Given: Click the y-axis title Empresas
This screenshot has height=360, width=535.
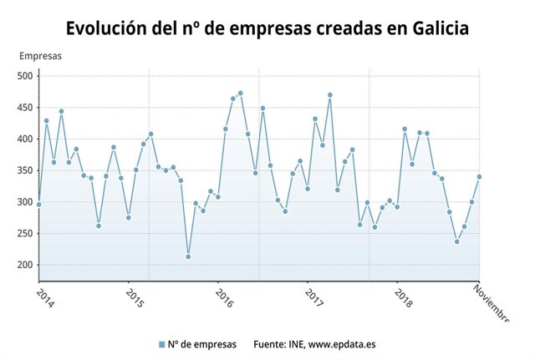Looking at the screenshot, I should click(40, 57).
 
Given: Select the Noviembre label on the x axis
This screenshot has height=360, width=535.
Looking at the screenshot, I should click(492, 302).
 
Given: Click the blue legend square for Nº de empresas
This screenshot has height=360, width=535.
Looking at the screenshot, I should click(160, 344).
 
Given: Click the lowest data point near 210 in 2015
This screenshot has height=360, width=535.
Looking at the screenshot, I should click(188, 256).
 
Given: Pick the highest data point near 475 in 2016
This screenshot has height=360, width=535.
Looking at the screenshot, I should click(241, 93).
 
